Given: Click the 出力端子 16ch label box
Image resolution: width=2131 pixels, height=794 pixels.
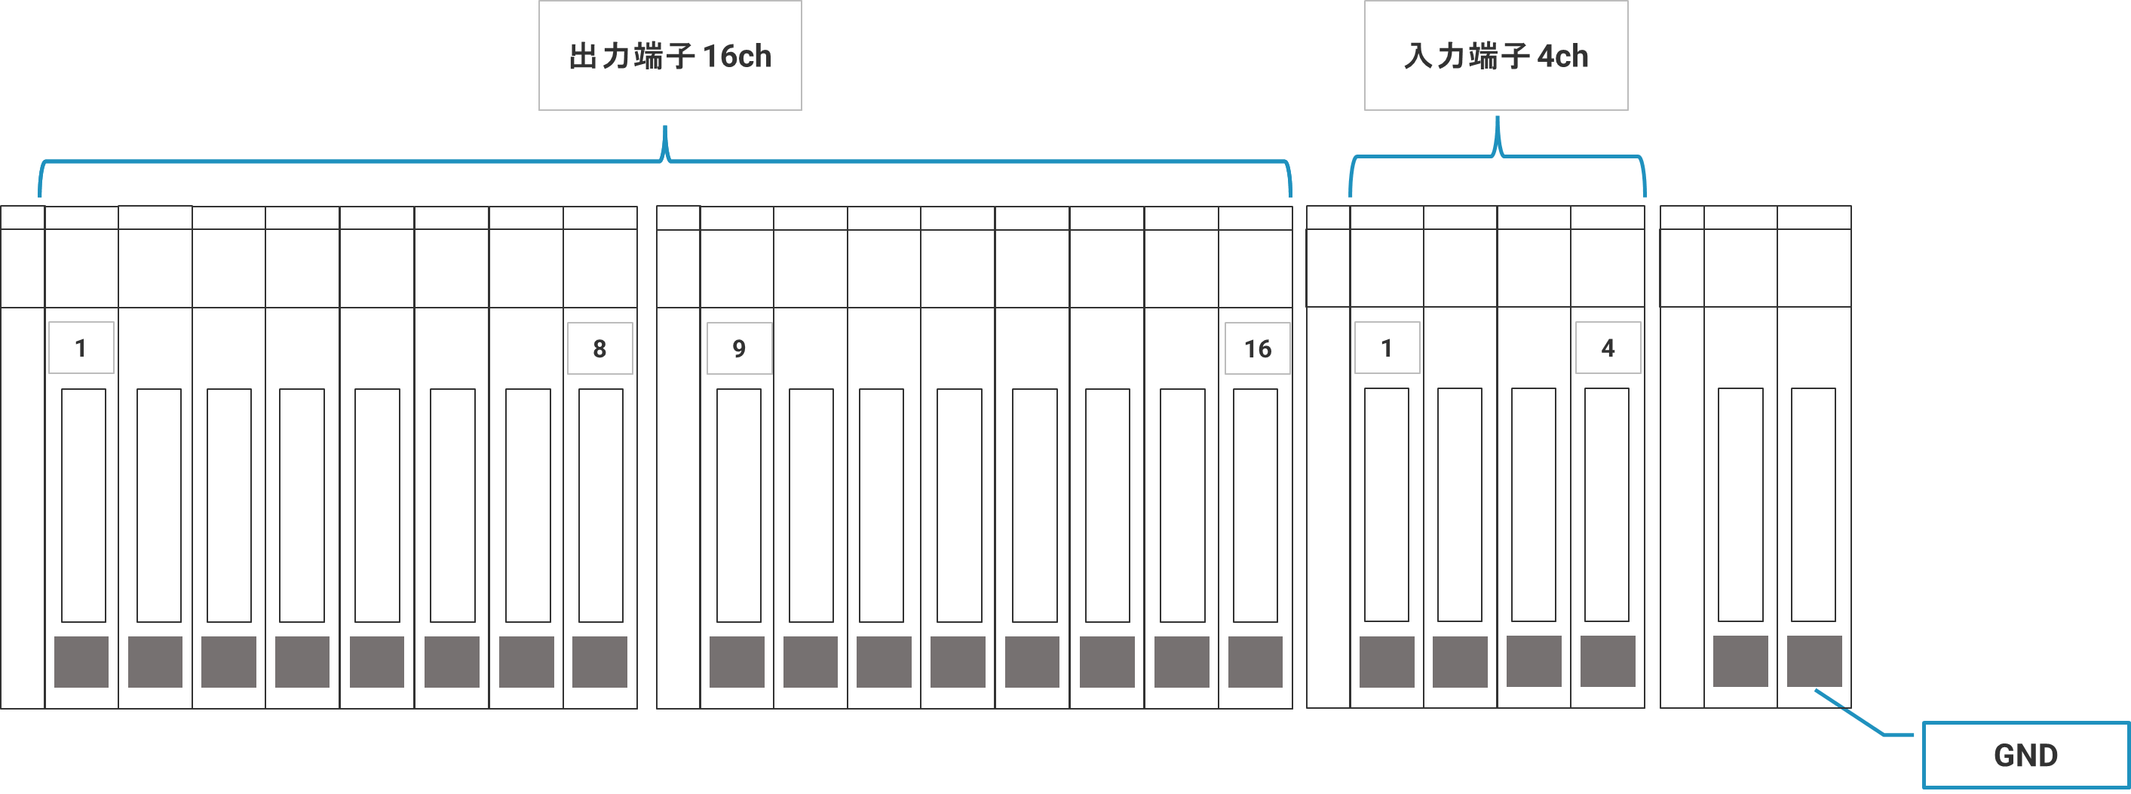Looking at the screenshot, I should (x=670, y=55).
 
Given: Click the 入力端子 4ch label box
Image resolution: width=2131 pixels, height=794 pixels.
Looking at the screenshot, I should (x=1495, y=55).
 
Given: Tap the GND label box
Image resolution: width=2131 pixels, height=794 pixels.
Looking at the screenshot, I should (x=2025, y=755).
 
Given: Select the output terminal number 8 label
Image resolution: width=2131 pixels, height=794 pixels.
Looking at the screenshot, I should (x=599, y=348).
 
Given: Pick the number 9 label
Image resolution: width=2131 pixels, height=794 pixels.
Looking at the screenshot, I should (x=740, y=348).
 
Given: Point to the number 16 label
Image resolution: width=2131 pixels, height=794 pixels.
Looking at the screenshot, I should (x=1258, y=348).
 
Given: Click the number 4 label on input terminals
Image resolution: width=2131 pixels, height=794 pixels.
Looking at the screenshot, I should (x=1608, y=348).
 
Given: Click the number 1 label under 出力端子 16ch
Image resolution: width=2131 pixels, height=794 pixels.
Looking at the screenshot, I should (x=81, y=348).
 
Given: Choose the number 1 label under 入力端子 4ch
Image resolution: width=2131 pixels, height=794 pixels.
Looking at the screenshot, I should (x=1387, y=348).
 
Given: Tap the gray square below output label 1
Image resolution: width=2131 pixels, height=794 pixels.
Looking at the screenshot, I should (x=81, y=662).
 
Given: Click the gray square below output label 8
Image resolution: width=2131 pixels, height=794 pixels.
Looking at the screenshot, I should (x=599, y=662).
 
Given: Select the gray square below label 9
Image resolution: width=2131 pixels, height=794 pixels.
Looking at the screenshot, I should (x=737, y=662).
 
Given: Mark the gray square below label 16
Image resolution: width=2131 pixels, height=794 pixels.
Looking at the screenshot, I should (x=1255, y=662).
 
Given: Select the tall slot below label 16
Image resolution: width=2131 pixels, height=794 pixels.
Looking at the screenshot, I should (x=1255, y=504).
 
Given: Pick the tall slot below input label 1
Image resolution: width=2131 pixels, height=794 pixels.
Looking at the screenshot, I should (x=1387, y=504).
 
